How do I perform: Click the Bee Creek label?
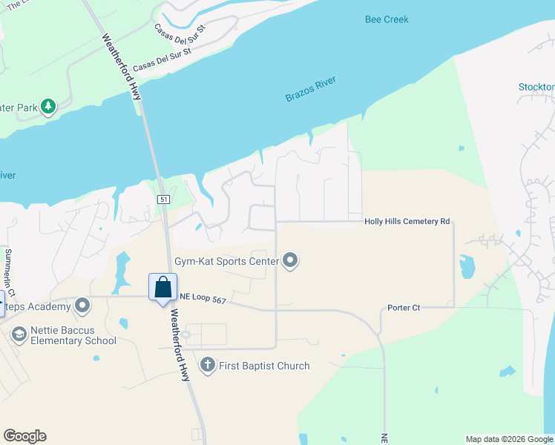387,20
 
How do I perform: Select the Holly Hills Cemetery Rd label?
407,222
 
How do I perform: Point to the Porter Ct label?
404,308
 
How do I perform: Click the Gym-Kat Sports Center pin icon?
291,261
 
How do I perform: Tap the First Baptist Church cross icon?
207,365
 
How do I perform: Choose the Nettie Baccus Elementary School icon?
19,334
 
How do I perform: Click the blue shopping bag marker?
162,287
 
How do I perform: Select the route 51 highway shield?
164,199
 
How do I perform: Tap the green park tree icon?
48,107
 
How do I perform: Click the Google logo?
24,436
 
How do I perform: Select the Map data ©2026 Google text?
508,439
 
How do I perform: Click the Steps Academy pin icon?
82,306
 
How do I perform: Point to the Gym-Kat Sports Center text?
226,261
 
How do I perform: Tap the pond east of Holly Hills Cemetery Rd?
467,266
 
